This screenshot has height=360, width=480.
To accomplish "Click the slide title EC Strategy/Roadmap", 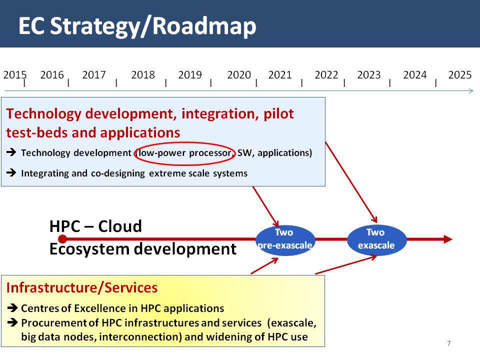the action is pyautogui.click(x=137, y=26).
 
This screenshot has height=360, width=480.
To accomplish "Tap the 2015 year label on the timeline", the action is pyautogui.click(x=15, y=74).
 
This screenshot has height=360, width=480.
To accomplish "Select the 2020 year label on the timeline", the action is pyautogui.click(x=239, y=74).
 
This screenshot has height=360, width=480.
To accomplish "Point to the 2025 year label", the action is pyautogui.click(x=460, y=74).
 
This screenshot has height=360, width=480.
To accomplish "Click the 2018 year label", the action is pyautogui.click(x=143, y=74).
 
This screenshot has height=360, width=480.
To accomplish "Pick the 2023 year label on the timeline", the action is pyautogui.click(x=368, y=74).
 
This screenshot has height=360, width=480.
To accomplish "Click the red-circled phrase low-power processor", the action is pyautogui.click(x=184, y=153).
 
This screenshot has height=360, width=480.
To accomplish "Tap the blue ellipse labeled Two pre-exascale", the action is pyautogui.click(x=285, y=240).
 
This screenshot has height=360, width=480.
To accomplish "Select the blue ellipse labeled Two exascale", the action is pyautogui.click(x=377, y=240).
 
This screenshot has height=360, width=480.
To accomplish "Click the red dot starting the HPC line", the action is pyautogui.click(x=62, y=239).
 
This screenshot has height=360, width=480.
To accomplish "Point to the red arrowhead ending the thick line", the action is pyautogui.click(x=447, y=239).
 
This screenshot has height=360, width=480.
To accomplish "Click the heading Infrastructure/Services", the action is pyautogui.click(x=81, y=288).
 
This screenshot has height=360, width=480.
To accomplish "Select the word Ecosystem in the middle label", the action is pyautogui.click(x=89, y=249).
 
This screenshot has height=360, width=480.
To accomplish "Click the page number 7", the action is pyautogui.click(x=449, y=343).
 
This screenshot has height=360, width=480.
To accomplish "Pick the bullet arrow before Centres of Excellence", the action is pyautogui.click(x=12, y=307).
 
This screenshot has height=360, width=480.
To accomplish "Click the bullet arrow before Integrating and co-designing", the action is pyautogui.click(x=11, y=172).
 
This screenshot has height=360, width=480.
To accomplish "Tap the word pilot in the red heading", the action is pyautogui.click(x=278, y=114).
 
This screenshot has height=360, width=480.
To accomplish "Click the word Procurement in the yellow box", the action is pyautogui.click(x=53, y=323).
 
